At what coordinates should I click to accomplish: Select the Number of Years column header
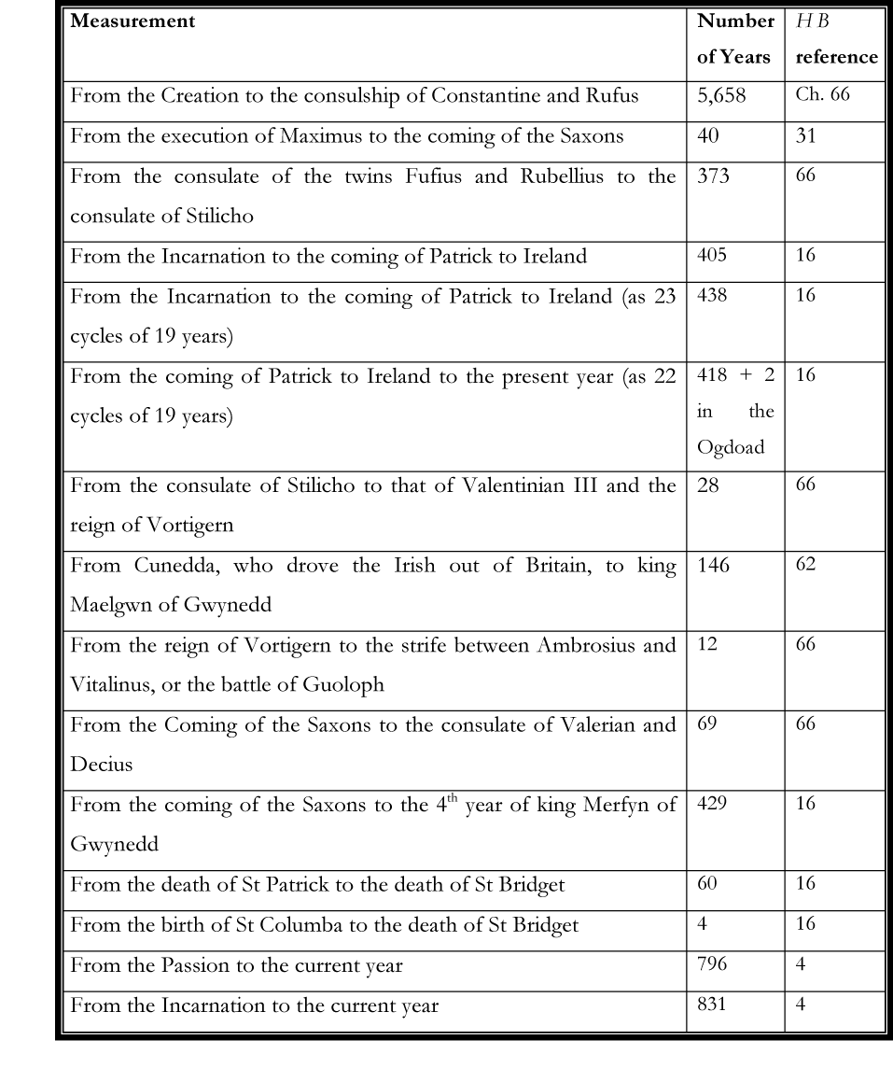point(734,38)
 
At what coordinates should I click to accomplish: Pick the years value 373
point(712,176)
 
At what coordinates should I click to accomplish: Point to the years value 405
point(711,255)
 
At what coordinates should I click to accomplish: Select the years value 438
point(711,295)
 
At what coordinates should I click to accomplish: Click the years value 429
point(711,803)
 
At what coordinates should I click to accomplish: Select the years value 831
point(710,1005)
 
